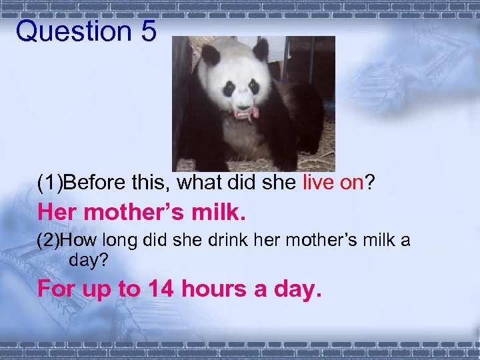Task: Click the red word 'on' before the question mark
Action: (x=353, y=183)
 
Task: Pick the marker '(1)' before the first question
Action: (x=50, y=183)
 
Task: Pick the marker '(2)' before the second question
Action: (x=50, y=241)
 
